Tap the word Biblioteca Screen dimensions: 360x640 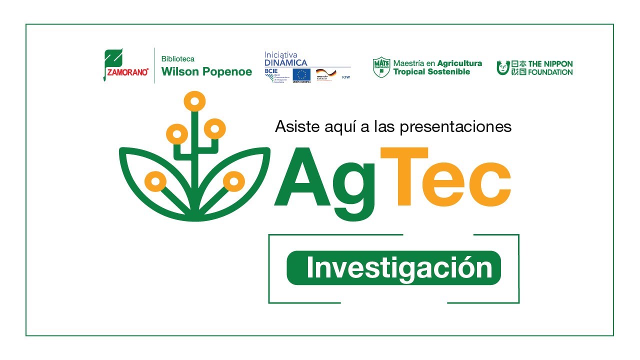(177, 58)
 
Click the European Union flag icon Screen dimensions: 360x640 (301, 74)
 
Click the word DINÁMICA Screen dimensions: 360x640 (286, 62)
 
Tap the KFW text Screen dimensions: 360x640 (345, 77)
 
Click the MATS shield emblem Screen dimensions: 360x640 (381, 67)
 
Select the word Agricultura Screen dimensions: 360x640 (459, 63)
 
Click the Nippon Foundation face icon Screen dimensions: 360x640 (503, 67)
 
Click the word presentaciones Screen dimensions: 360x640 (456, 126)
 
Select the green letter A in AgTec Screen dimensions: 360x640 (303, 179)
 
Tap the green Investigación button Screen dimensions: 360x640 (393, 268)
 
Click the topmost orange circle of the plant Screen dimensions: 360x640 (194, 101)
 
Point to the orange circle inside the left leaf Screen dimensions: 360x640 (155, 181)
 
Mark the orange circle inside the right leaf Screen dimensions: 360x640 (233, 181)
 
